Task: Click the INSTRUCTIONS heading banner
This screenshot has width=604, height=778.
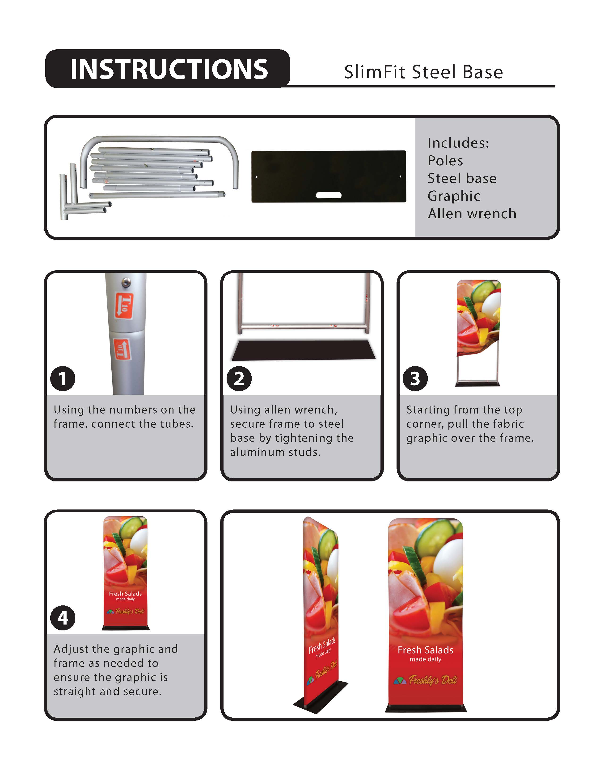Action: point(168,69)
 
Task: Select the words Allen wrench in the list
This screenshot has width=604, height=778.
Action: point(472,214)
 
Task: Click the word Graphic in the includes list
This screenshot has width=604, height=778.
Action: point(454,196)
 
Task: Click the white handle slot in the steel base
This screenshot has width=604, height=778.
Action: point(328,195)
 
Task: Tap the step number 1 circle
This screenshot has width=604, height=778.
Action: point(63,378)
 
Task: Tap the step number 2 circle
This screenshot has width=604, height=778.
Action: point(239,378)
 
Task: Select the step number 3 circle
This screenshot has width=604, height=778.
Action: point(415,378)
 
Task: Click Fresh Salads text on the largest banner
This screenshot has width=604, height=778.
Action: point(425,650)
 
